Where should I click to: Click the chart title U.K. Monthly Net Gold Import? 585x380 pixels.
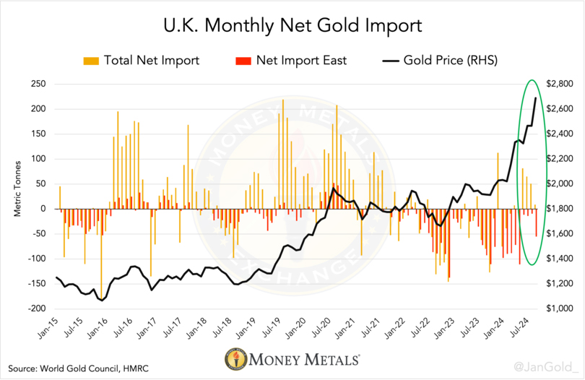[x=292, y=27]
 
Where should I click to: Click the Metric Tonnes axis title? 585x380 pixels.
[x=17, y=197]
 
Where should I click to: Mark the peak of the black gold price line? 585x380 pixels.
[x=535, y=98]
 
